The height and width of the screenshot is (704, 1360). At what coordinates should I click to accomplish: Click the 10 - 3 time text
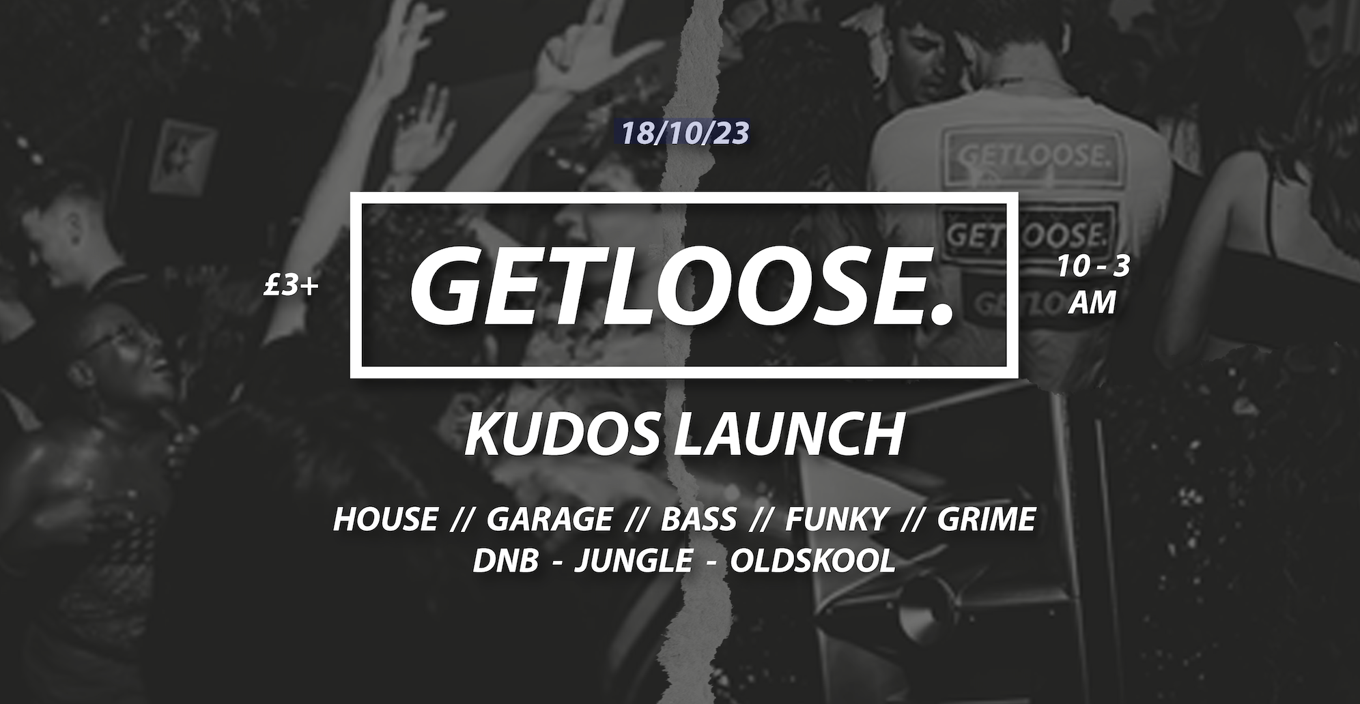(x=1092, y=267)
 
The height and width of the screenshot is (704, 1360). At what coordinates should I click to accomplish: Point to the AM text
(x=1092, y=303)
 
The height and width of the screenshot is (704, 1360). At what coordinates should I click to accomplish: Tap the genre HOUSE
(x=385, y=520)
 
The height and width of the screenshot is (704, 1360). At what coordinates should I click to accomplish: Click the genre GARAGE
(x=550, y=520)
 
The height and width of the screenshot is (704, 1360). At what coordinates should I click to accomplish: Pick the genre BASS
(x=698, y=520)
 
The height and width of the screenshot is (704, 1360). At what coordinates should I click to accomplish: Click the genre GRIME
(x=987, y=520)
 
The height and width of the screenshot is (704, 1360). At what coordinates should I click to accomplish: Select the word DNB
(x=505, y=561)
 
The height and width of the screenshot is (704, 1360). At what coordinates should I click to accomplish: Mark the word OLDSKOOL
(x=812, y=561)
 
